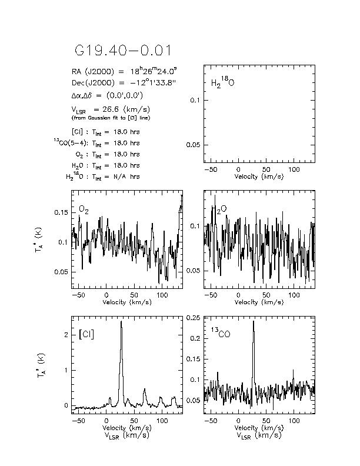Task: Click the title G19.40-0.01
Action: (x=124, y=51)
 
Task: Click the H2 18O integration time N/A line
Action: (x=103, y=177)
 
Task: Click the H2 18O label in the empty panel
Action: (x=222, y=82)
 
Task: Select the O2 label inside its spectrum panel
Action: (x=84, y=209)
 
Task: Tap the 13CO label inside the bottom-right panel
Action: (x=220, y=339)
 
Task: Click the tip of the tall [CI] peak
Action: (x=121, y=321)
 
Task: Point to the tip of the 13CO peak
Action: (x=254, y=321)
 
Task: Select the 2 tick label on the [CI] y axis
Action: (x=66, y=334)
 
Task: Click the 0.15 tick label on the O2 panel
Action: (x=60, y=212)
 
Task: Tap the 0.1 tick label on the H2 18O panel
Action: (x=197, y=101)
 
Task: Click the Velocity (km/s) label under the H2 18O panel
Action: (x=258, y=176)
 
